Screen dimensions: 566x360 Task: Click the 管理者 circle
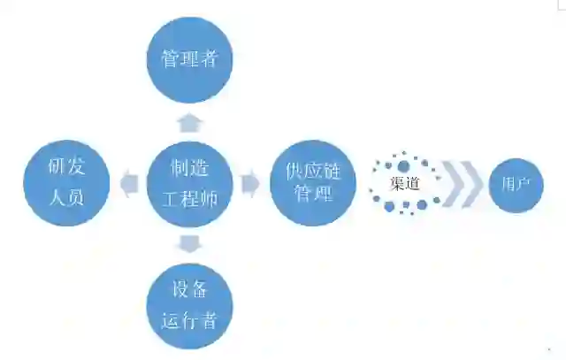pyautogui.click(x=189, y=59)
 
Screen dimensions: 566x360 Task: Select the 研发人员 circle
pyautogui.click(x=67, y=180)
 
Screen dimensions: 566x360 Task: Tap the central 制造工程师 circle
pyautogui.click(x=189, y=182)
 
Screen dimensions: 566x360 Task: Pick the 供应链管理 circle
pyautogui.click(x=312, y=181)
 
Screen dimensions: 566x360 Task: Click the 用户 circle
pyautogui.click(x=516, y=185)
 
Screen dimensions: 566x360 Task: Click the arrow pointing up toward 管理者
pyautogui.click(x=189, y=120)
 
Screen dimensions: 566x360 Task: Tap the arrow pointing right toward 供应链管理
pyautogui.click(x=250, y=184)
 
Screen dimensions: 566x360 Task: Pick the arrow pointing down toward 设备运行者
pyautogui.click(x=189, y=242)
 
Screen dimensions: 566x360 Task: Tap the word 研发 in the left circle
pyautogui.click(x=67, y=165)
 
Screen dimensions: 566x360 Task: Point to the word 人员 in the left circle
pyautogui.click(x=67, y=196)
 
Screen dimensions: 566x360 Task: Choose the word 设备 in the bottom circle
pyautogui.click(x=189, y=288)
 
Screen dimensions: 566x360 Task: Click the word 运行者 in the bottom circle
pyautogui.click(x=189, y=319)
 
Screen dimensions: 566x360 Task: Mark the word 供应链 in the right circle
pyautogui.click(x=312, y=168)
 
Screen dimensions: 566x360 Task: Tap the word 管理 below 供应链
pyautogui.click(x=312, y=194)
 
